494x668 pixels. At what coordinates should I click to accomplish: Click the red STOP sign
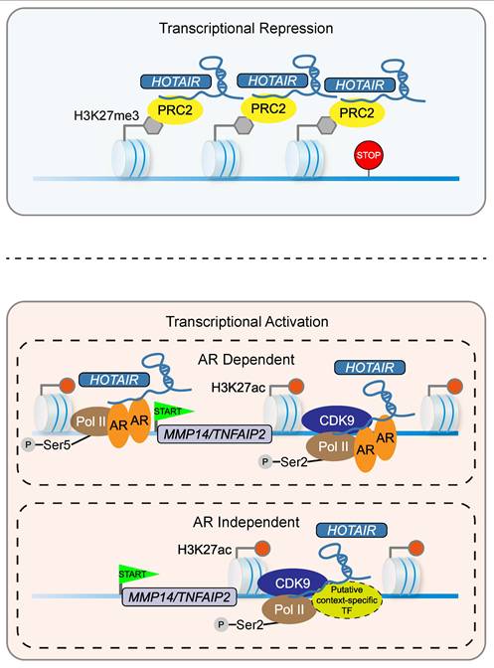click(x=369, y=155)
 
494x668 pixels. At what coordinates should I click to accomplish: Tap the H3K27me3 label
click(x=106, y=115)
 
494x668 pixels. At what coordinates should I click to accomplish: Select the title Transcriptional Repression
click(x=247, y=29)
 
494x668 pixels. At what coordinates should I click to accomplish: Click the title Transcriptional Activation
click(x=247, y=321)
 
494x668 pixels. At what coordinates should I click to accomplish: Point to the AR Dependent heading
click(x=247, y=359)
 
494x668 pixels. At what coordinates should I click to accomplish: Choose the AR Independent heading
click(x=247, y=522)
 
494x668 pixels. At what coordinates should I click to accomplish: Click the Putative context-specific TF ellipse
click(x=347, y=600)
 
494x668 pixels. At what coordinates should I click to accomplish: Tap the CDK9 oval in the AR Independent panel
click(x=293, y=584)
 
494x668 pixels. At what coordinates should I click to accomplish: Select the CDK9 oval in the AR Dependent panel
click(x=337, y=420)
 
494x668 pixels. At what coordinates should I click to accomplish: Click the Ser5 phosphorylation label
click(x=57, y=445)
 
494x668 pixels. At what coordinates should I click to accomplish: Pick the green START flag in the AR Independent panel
click(x=137, y=574)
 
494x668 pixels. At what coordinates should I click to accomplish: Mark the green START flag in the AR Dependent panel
click(x=173, y=412)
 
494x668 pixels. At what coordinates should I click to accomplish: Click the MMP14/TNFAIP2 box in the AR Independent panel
click(x=179, y=596)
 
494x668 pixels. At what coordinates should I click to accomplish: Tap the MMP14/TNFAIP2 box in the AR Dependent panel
click(x=215, y=434)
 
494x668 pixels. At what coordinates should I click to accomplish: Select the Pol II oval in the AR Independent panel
click(x=289, y=609)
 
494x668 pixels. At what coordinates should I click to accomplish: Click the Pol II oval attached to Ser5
click(x=90, y=421)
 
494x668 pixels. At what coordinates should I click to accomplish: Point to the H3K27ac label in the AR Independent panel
click(x=205, y=550)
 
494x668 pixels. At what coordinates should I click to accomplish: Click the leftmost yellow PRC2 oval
click(x=175, y=110)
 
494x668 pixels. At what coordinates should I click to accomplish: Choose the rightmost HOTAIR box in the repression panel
click(x=360, y=84)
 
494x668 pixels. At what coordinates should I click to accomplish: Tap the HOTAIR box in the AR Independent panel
click(x=352, y=531)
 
